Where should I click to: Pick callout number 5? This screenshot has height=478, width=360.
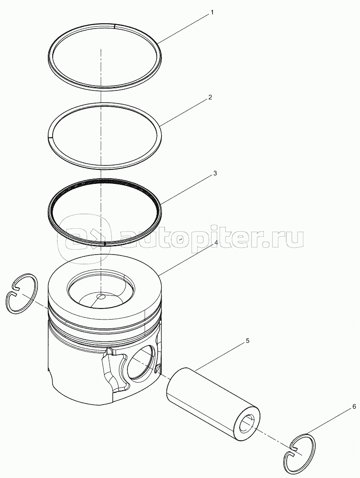pyautogui.click(x=248, y=341)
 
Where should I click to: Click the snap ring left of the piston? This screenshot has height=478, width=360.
pyautogui.click(x=22, y=293)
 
